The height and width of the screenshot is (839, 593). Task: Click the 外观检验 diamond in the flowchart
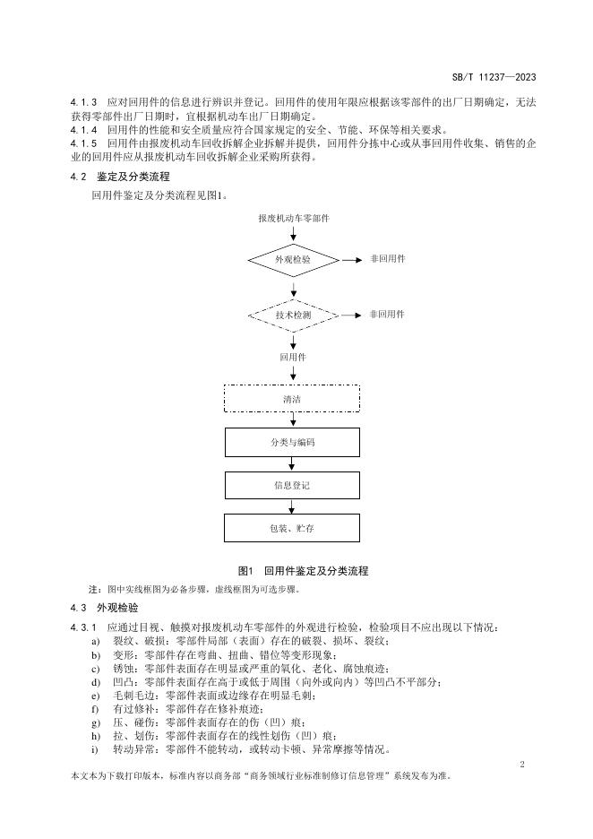click(x=293, y=259)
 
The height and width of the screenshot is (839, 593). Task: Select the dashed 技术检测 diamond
click(x=293, y=316)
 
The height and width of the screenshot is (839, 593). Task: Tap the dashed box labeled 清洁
click(x=292, y=398)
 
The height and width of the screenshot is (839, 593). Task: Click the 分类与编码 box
click(x=292, y=442)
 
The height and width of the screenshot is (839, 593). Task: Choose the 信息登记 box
click(x=292, y=485)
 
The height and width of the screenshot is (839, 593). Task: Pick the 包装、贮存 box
click(x=292, y=528)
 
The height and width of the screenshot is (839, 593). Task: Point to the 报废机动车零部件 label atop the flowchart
click(x=293, y=218)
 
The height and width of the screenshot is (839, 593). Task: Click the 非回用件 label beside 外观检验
click(x=387, y=258)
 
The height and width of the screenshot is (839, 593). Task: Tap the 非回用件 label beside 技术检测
click(x=387, y=315)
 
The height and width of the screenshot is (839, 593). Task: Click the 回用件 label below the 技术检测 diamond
click(x=293, y=357)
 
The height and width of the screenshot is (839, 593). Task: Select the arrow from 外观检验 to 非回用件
click(x=350, y=259)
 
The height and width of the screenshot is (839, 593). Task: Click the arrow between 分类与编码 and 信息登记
click(x=292, y=463)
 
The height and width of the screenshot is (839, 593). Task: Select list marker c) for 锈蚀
click(x=95, y=669)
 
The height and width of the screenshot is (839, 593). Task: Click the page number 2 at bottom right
click(x=522, y=762)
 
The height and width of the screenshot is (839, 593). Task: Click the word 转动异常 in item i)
click(x=130, y=749)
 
